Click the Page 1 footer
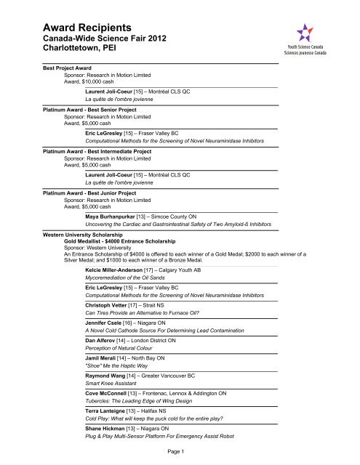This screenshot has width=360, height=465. (x=180, y=451)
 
